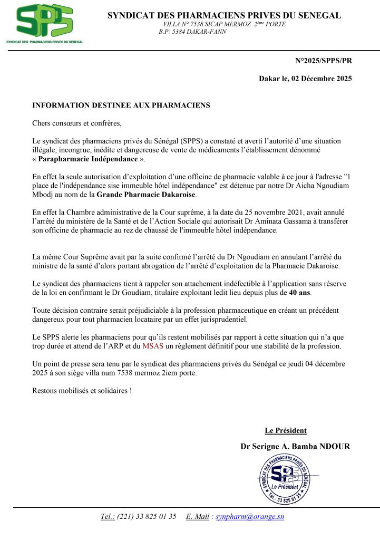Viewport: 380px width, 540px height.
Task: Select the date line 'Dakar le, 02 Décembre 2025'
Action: pyautogui.click(x=305, y=79)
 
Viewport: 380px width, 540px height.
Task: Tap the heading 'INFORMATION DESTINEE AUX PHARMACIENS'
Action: pyautogui.click(x=121, y=105)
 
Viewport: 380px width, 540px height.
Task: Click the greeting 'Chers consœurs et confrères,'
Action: pyautogui.click(x=77, y=123)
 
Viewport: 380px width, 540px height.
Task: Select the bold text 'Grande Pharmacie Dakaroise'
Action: pyautogui.click(x=146, y=195)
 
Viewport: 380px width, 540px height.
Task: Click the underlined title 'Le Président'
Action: pyautogui.click(x=285, y=430)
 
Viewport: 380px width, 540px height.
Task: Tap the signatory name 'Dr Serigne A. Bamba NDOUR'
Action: pyautogui.click(x=295, y=447)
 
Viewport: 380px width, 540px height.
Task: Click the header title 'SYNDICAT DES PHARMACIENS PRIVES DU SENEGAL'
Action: pyautogui.click(x=224, y=15)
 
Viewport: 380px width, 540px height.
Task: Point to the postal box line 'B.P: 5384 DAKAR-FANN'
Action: pyautogui.click(x=192, y=32)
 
